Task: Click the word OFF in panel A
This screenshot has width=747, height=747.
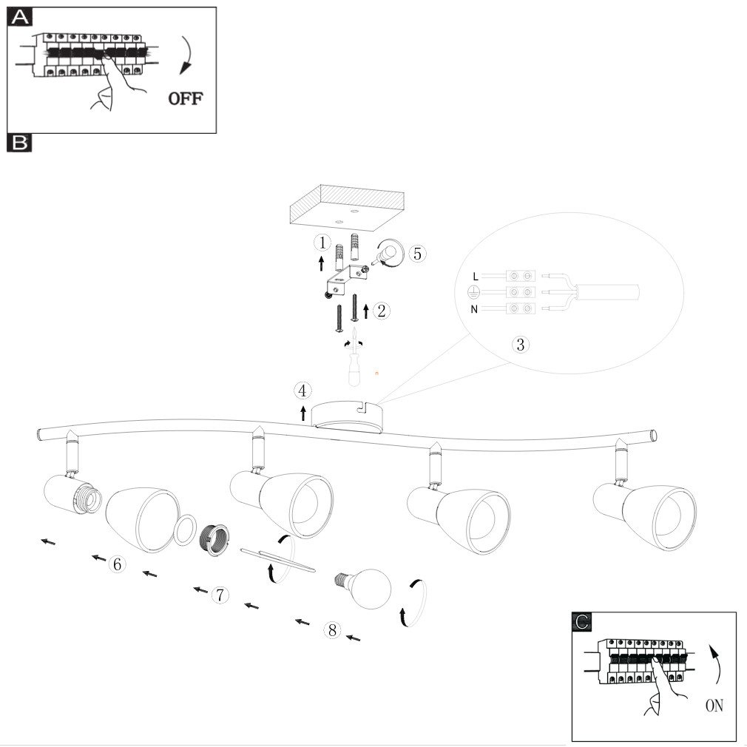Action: coord(186,98)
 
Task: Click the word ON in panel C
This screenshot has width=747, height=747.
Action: coord(714,706)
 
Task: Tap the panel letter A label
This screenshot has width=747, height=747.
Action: coord(19,17)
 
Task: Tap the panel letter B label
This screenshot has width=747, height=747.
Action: coord(19,143)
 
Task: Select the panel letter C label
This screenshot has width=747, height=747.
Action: coord(581,622)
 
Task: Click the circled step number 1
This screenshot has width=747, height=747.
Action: coord(322,243)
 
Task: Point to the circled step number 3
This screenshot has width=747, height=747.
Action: coord(520,345)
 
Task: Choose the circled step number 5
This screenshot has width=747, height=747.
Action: coord(417,254)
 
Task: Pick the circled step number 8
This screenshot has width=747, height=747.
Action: coord(332,630)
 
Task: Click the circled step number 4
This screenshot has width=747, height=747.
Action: coord(302,391)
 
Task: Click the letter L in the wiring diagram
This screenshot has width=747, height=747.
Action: coord(476,277)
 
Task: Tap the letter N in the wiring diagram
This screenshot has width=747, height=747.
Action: coord(474,309)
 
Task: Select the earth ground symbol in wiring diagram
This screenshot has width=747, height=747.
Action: coord(473,292)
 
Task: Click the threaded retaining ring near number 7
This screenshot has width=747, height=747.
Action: coord(214,539)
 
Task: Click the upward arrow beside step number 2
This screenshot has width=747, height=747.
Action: coord(366,311)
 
